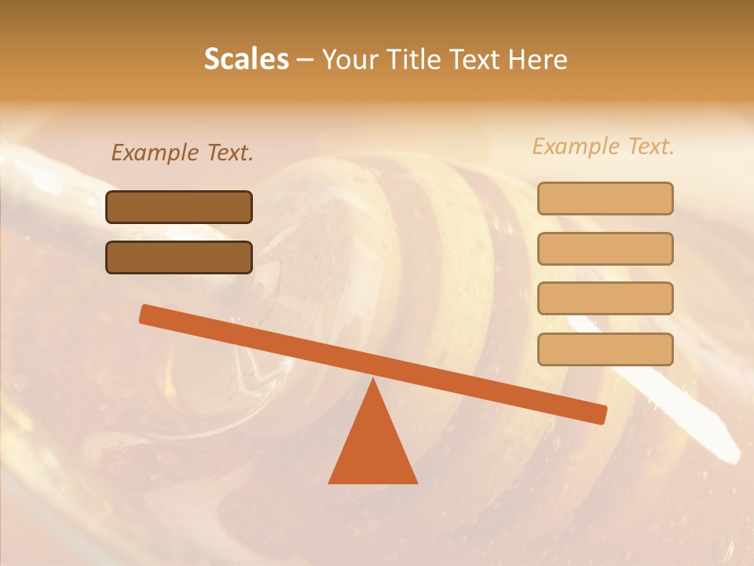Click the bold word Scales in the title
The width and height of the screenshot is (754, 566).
point(247,59)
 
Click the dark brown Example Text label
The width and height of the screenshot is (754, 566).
point(182,153)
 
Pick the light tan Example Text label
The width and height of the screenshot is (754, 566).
point(603,146)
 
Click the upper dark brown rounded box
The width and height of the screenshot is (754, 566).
point(179,207)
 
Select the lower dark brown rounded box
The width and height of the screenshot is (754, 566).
point(179,257)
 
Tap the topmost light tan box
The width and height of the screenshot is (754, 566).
point(605,198)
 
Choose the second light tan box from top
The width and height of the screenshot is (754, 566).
point(605,248)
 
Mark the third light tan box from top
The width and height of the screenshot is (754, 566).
point(605,299)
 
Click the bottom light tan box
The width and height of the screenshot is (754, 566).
point(605,349)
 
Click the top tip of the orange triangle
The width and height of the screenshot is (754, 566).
point(373,380)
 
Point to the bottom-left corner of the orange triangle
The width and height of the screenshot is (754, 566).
point(330,482)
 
